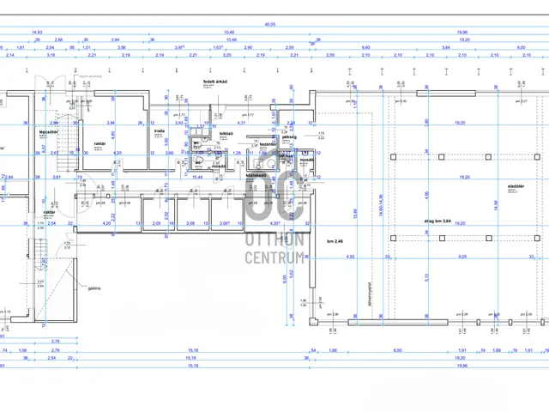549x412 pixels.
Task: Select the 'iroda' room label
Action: tap(160, 131)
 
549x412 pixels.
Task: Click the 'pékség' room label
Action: tap(289, 136)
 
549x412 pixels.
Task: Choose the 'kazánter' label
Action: tap(268, 143)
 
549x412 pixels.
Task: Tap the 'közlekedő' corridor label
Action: tap(256, 174)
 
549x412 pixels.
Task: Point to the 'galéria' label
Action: tap(93, 288)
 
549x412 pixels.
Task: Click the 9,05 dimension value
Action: tap(462, 256)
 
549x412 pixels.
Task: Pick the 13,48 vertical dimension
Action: tap(355, 212)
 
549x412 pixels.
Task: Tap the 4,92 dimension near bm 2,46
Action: tap(350, 256)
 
